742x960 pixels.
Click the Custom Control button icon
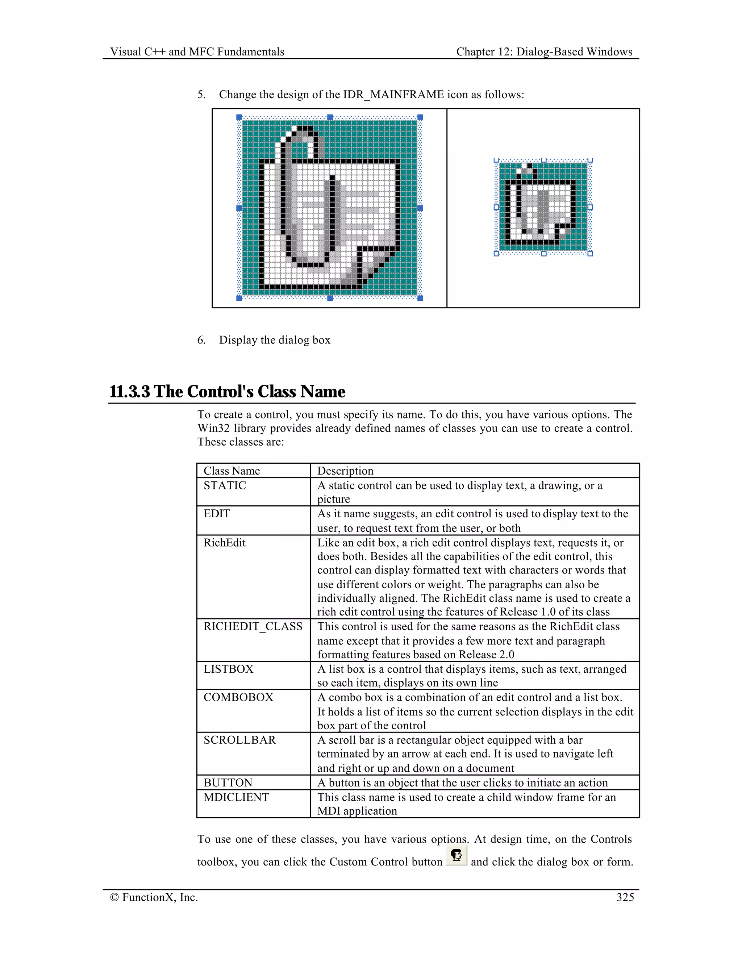[x=456, y=855]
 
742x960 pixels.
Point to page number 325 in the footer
[x=625, y=897]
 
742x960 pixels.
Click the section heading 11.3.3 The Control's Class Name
[x=227, y=392]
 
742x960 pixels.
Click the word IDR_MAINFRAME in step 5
[x=393, y=95]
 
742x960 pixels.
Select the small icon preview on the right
[x=543, y=207]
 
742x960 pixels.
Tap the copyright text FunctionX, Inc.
[x=154, y=897]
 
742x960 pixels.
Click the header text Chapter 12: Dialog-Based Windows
[x=544, y=52]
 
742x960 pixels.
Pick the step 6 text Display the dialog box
[x=274, y=340]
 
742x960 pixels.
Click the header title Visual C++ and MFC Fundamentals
[x=197, y=52]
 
